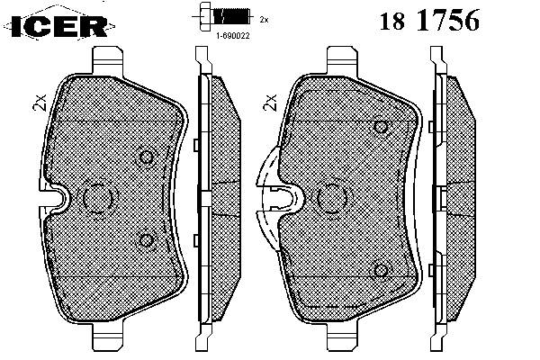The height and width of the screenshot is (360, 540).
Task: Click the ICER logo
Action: point(58,26)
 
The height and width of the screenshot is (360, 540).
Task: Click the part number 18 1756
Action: point(429,21)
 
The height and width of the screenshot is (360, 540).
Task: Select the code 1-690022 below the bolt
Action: point(233,35)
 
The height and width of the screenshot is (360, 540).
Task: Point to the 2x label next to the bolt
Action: point(264,20)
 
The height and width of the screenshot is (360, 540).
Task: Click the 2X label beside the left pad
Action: point(40,103)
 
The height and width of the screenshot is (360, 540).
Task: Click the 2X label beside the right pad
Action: point(270,103)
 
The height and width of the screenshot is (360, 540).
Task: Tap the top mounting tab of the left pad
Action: point(107,60)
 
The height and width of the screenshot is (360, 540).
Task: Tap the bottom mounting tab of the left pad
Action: point(107,337)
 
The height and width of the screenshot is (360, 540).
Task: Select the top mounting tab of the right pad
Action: point(342,60)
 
